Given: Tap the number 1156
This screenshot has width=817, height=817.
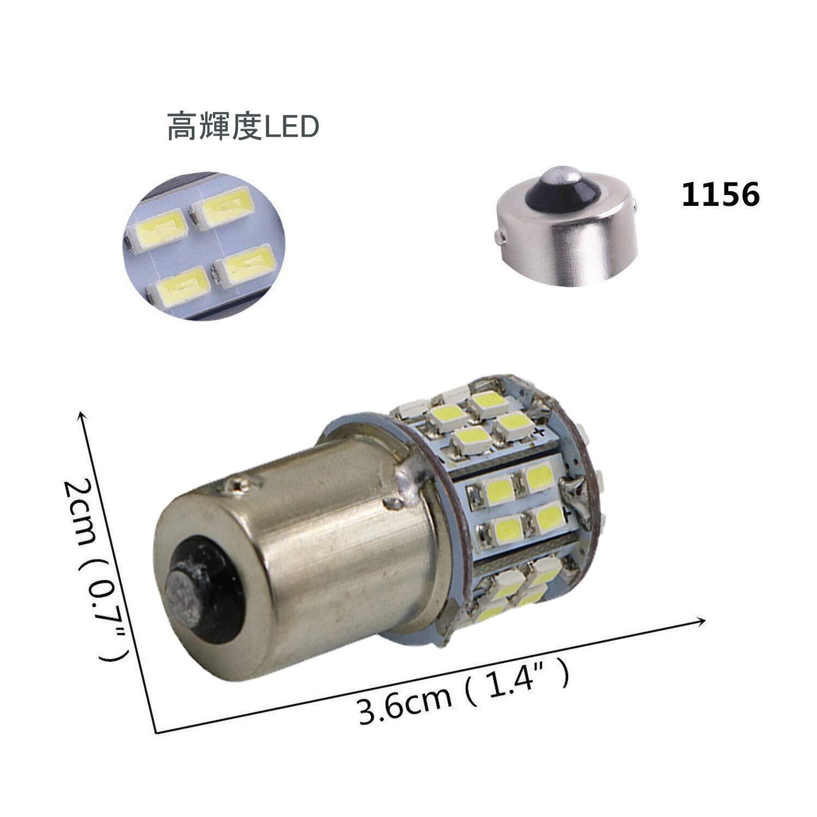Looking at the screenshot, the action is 720,194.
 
